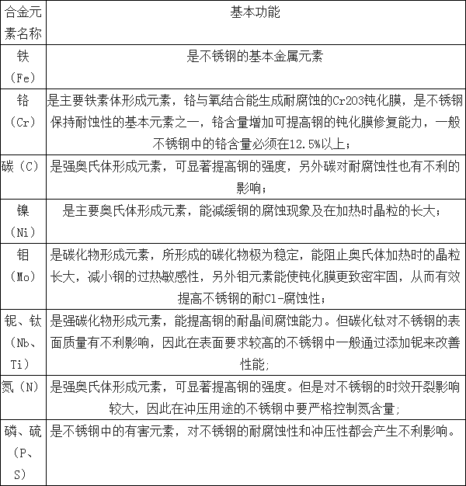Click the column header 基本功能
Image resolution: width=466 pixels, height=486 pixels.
(256, 13)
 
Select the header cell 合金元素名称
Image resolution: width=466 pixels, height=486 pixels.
(23, 23)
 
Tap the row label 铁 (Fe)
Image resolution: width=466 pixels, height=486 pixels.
(23, 67)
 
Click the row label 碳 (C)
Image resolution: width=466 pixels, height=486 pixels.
(23, 166)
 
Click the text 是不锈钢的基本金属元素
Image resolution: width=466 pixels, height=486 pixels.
(256, 56)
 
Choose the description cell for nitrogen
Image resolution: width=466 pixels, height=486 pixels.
(256, 396)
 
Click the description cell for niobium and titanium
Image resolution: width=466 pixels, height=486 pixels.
(256, 341)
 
